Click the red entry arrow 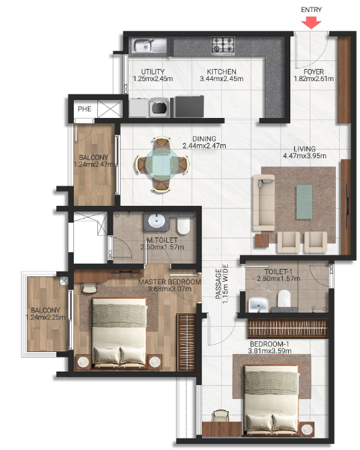(x=312, y=21)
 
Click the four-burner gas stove (x=223, y=46)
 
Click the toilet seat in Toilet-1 (x=284, y=297)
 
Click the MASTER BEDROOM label (x=169, y=282)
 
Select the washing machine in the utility (x=160, y=106)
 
